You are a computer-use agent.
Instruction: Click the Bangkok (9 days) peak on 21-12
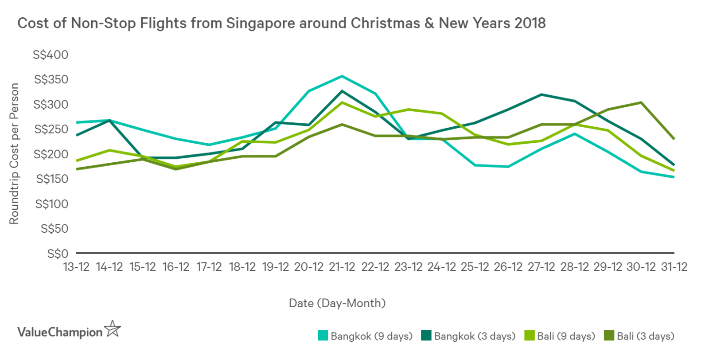pos(342,76)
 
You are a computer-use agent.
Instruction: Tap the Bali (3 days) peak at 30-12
pos(641,102)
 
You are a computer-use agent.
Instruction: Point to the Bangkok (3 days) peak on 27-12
pos(541,94)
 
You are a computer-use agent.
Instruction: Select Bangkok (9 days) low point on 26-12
pos(508,167)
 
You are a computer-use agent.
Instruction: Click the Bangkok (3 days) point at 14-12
pos(109,120)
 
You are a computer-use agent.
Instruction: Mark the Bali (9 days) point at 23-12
pos(408,110)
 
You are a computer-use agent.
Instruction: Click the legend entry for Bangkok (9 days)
pos(365,336)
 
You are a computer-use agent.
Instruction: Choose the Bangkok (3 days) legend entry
pos(468,336)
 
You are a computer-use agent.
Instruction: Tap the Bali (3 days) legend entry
pos(639,336)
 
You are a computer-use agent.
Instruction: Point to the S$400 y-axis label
pos(51,55)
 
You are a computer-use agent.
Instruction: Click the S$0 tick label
pos(58,254)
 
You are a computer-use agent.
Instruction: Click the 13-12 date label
pos(76,267)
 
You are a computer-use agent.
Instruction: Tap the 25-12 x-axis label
pos(475,267)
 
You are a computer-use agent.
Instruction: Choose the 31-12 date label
pos(674,267)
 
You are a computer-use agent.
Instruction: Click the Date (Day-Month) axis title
pos(337,303)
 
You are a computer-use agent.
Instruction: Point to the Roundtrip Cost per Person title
pos(14,153)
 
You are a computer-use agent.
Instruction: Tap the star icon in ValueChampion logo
pos(112,329)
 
